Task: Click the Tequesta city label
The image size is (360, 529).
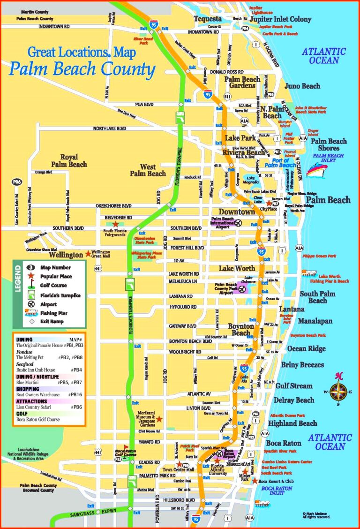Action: pyautogui.click(x=208, y=19)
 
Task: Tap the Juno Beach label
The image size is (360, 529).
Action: pyautogui.click(x=302, y=86)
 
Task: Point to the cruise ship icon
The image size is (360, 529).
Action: pyautogui.click(x=316, y=170)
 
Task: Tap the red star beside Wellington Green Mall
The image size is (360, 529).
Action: pyautogui.click(x=88, y=254)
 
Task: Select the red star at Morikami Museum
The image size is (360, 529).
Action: pyautogui.click(x=159, y=418)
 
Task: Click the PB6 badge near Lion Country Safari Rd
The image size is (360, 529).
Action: pyautogui.click(x=17, y=181)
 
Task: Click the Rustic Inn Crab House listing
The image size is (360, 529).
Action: pyautogui.click(x=36, y=370)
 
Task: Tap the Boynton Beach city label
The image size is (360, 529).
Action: pyautogui.click(x=241, y=330)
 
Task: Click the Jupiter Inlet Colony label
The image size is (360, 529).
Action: pyautogui.click(x=280, y=19)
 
